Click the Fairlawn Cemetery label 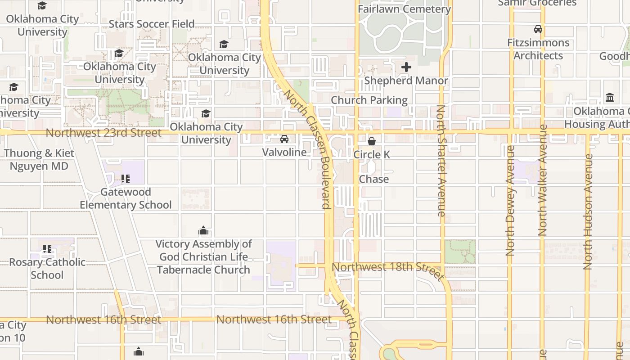tap(404, 9)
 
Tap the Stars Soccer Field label tap(152, 24)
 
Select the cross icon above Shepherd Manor tap(406, 67)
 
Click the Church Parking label tap(369, 100)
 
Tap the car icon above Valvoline tap(284, 139)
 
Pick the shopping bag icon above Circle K tap(372, 141)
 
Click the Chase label tap(373, 179)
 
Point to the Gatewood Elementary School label tap(126, 198)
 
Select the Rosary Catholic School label tap(47, 269)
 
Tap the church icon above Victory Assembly tap(203, 231)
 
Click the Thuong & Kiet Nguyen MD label tap(39, 160)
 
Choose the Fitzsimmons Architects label tap(538, 49)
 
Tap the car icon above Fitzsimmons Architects tap(538, 30)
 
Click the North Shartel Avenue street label tap(441, 161)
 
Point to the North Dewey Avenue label tap(510, 201)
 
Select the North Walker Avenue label tap(542, 180)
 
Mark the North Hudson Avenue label tap(588, 211)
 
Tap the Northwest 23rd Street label tap(103, 133)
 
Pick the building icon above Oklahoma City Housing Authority tap(610, 98)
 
